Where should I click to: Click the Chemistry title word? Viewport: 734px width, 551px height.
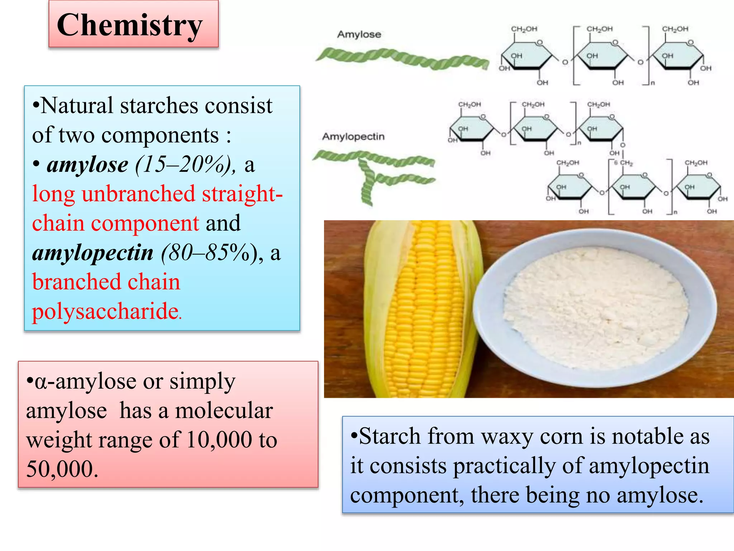click(130, 25)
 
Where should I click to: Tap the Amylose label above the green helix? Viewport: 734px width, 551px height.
click(359, 34)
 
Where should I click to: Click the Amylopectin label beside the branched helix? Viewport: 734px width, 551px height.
click(353, 136)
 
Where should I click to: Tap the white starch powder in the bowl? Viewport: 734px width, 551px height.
click(595, 309)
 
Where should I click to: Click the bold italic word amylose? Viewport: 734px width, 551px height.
click(87, 165)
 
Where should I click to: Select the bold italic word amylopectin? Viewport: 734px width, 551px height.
click(92, 253)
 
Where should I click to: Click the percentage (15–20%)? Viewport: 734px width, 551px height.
click(185, 165)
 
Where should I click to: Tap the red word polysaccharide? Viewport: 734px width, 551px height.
click(106, 311)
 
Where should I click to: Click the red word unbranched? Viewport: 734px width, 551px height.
click(138, 194)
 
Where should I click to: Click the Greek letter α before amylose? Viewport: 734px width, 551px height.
click(40, 382)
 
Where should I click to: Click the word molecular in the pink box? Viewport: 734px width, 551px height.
click(224, 410)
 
